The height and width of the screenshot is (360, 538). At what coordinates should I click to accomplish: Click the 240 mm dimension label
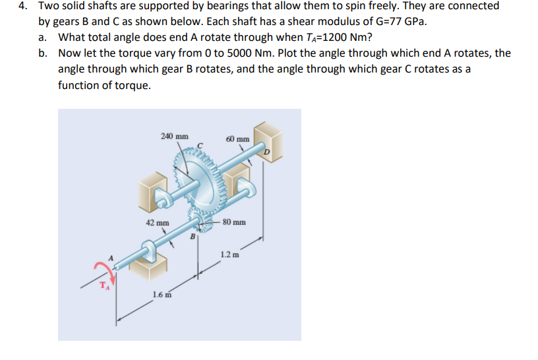tap(172, 136)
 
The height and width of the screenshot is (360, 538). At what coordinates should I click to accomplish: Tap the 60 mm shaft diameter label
tap(237, 139)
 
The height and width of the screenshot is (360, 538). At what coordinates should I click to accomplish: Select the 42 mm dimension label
tap(157, 223)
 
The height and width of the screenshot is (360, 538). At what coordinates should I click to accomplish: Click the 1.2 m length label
tap(231, 254)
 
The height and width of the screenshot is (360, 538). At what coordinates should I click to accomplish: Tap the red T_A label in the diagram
tap(104, 285)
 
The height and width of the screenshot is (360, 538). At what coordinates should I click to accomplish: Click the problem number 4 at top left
tap(22, 5)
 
